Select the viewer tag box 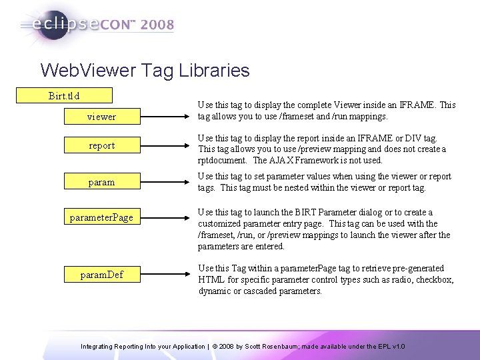point(102,117)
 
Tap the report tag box point(102,145)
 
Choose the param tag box point(102,182)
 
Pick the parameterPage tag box point(102,218)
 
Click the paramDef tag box point(102,274)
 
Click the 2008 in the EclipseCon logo point(157,25)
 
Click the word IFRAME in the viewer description point(420,105)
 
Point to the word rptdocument point(224,161)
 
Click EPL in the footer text point(383,347)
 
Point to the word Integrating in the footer point(98,347)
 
